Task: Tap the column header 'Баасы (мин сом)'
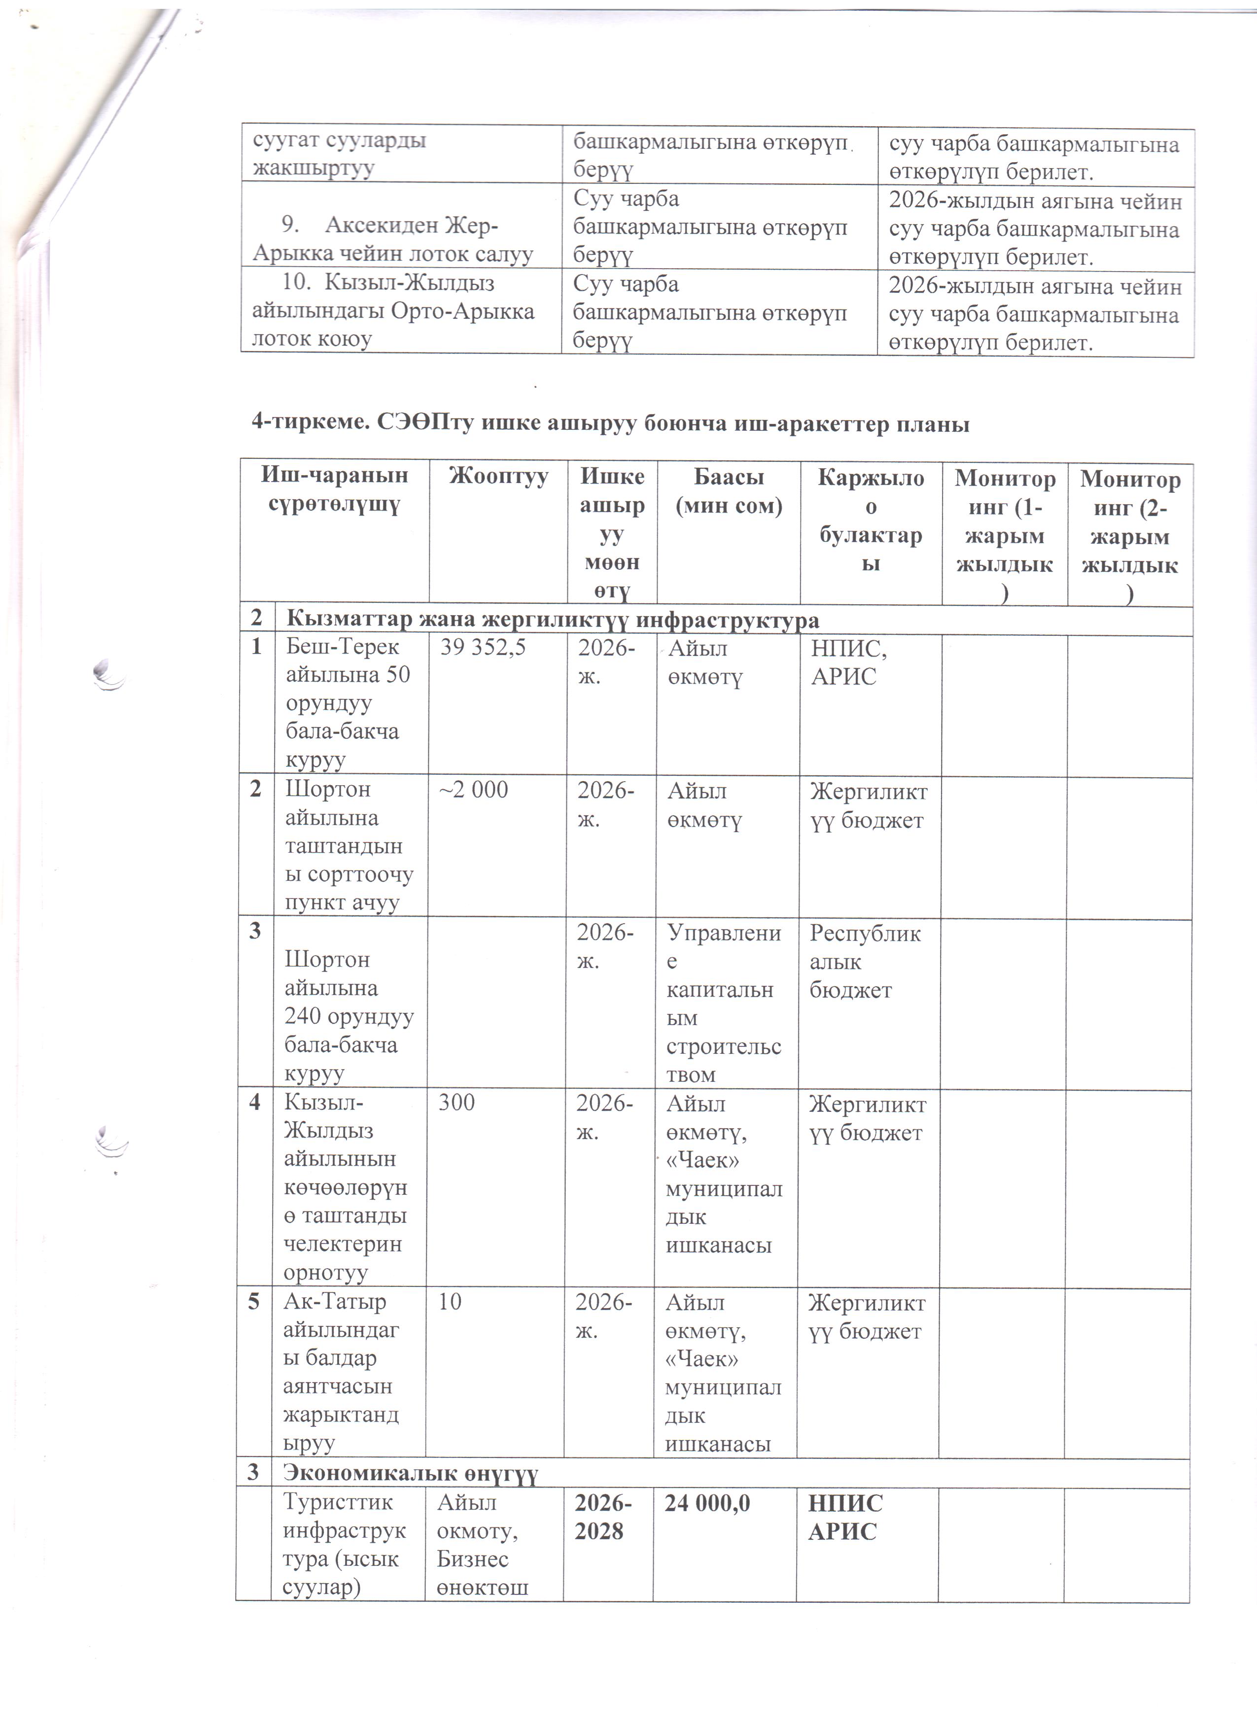pos(728,492)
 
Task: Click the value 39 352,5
pos(483,648)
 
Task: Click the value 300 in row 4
pos(456,1102)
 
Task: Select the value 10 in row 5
pos(450,1301)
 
